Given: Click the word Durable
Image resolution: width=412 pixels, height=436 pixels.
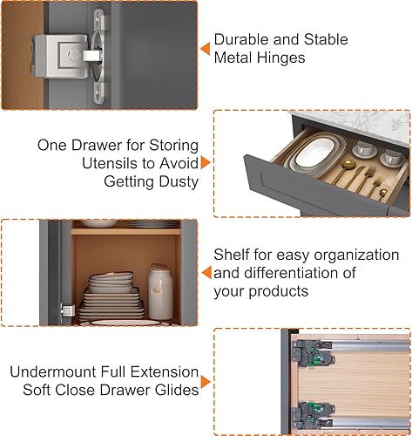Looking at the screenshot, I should pos(241,40).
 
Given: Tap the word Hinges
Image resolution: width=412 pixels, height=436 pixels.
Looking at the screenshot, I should pos(284,58).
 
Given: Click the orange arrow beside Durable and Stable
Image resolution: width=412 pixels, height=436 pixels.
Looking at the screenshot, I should pos(204,49).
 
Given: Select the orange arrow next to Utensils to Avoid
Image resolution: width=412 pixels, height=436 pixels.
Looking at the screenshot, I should pos(206,162).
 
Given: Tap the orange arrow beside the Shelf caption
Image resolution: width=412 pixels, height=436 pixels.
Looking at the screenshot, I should pos(204,273).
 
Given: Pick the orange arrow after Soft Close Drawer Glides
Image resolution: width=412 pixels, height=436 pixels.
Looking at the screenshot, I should pos(206,382).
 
